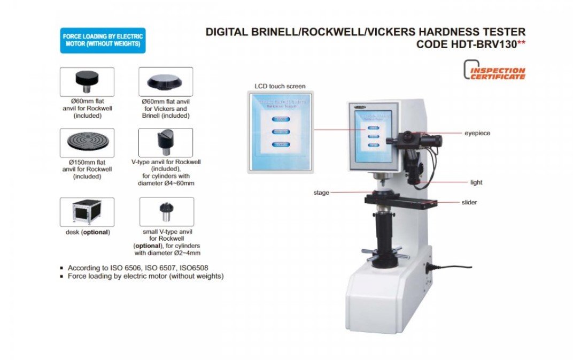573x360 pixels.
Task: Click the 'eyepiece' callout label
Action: [x=477, y=133]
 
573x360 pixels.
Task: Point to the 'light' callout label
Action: [x=476, y=182]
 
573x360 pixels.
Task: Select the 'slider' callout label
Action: [x=469, y=202]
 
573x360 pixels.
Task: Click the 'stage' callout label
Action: [x=321, y=193]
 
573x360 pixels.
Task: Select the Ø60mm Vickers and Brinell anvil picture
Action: [x=165, y=81]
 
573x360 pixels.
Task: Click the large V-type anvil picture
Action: [x=165, y=142]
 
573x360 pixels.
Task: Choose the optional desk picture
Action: [x=87, y=211]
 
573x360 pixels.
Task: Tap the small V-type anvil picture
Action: [x=166, y=211]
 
